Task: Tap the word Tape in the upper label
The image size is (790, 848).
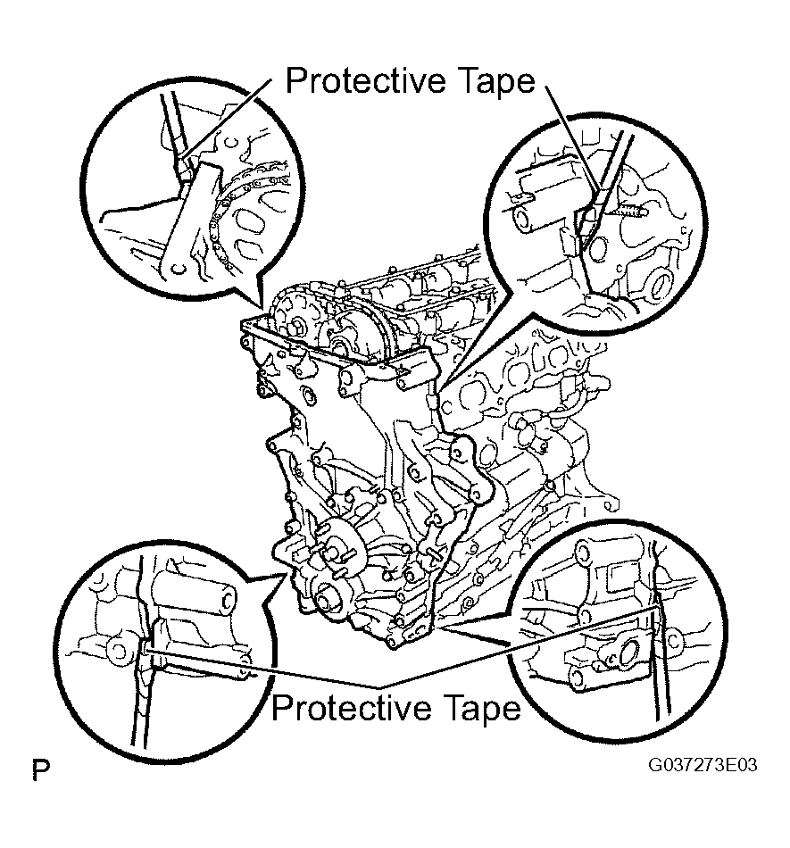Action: [x=497, y=82]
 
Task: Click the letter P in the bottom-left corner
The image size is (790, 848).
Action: [x=41, y=770]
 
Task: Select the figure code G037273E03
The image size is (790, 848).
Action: [x=703, y=765]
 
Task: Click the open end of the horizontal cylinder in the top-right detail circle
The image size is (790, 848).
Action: [x=524, y=220]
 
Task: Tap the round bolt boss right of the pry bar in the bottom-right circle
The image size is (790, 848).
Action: [x=674, y=641]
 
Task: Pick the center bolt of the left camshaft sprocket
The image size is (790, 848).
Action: [x=297, y=328]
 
